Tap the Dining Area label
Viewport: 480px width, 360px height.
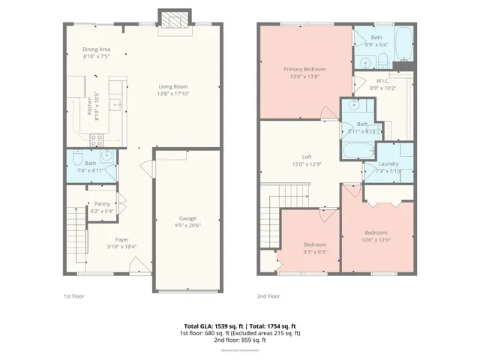click(96, 50)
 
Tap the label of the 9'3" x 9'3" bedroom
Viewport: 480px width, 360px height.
click(315, 245)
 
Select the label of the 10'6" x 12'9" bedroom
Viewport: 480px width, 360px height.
click(376, 232)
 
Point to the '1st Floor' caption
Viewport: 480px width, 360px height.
click(73, 296)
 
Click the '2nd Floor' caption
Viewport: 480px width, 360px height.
click(268, 296)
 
